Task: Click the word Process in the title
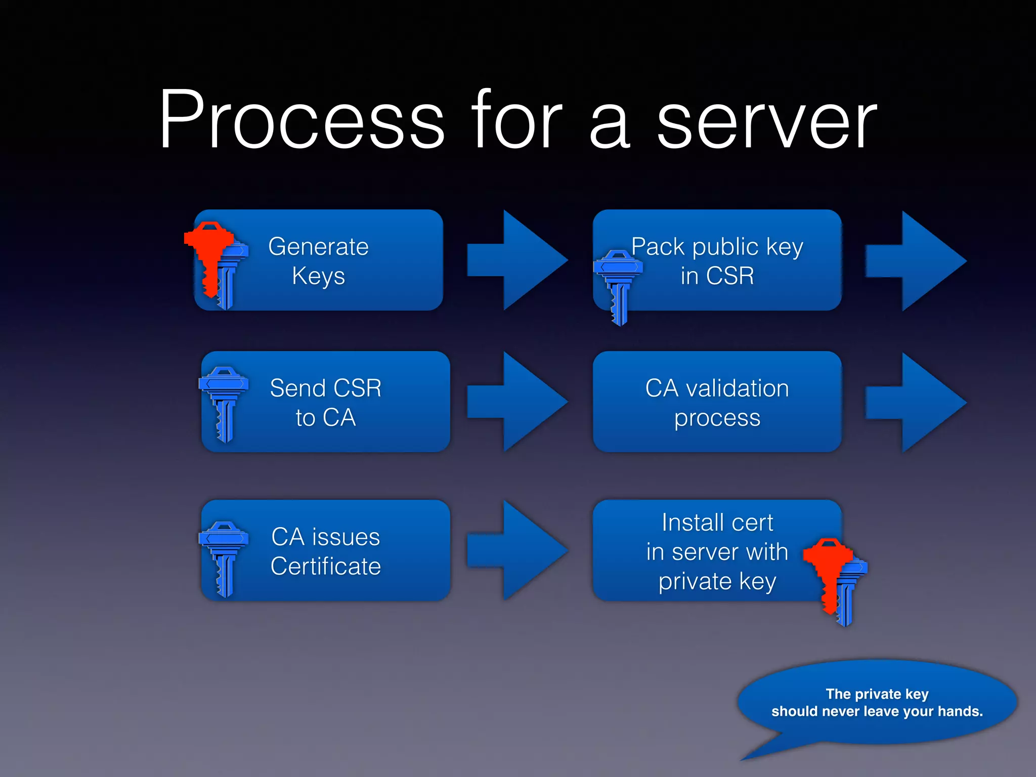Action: (302, 120)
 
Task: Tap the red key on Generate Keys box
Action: (208, 253)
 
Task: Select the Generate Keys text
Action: (318, 261)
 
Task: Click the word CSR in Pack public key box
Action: (730, 276)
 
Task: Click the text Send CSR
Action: (325, 388)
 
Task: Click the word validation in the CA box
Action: (737, 388)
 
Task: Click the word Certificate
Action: (325, 566)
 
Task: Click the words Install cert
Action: (717, 523)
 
